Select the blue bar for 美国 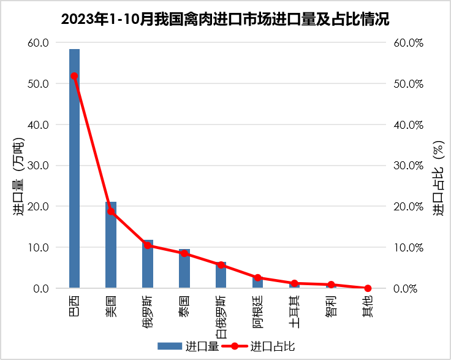[x=111, y=245]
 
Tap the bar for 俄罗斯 [x=148, y=264]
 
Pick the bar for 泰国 [x=184, y=269]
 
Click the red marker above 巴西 [x=74, y=76]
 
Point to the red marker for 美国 [x=111, y=212]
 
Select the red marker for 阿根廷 [x=257, y=278]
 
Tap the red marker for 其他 [x=368, y=288]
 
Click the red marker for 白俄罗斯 [x=221, y=265]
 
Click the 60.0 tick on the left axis [x=37, y=42]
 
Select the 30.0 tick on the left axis [x=37, y=166]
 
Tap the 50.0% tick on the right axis [x=409, y=83]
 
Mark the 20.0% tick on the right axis [x=409, y=207]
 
